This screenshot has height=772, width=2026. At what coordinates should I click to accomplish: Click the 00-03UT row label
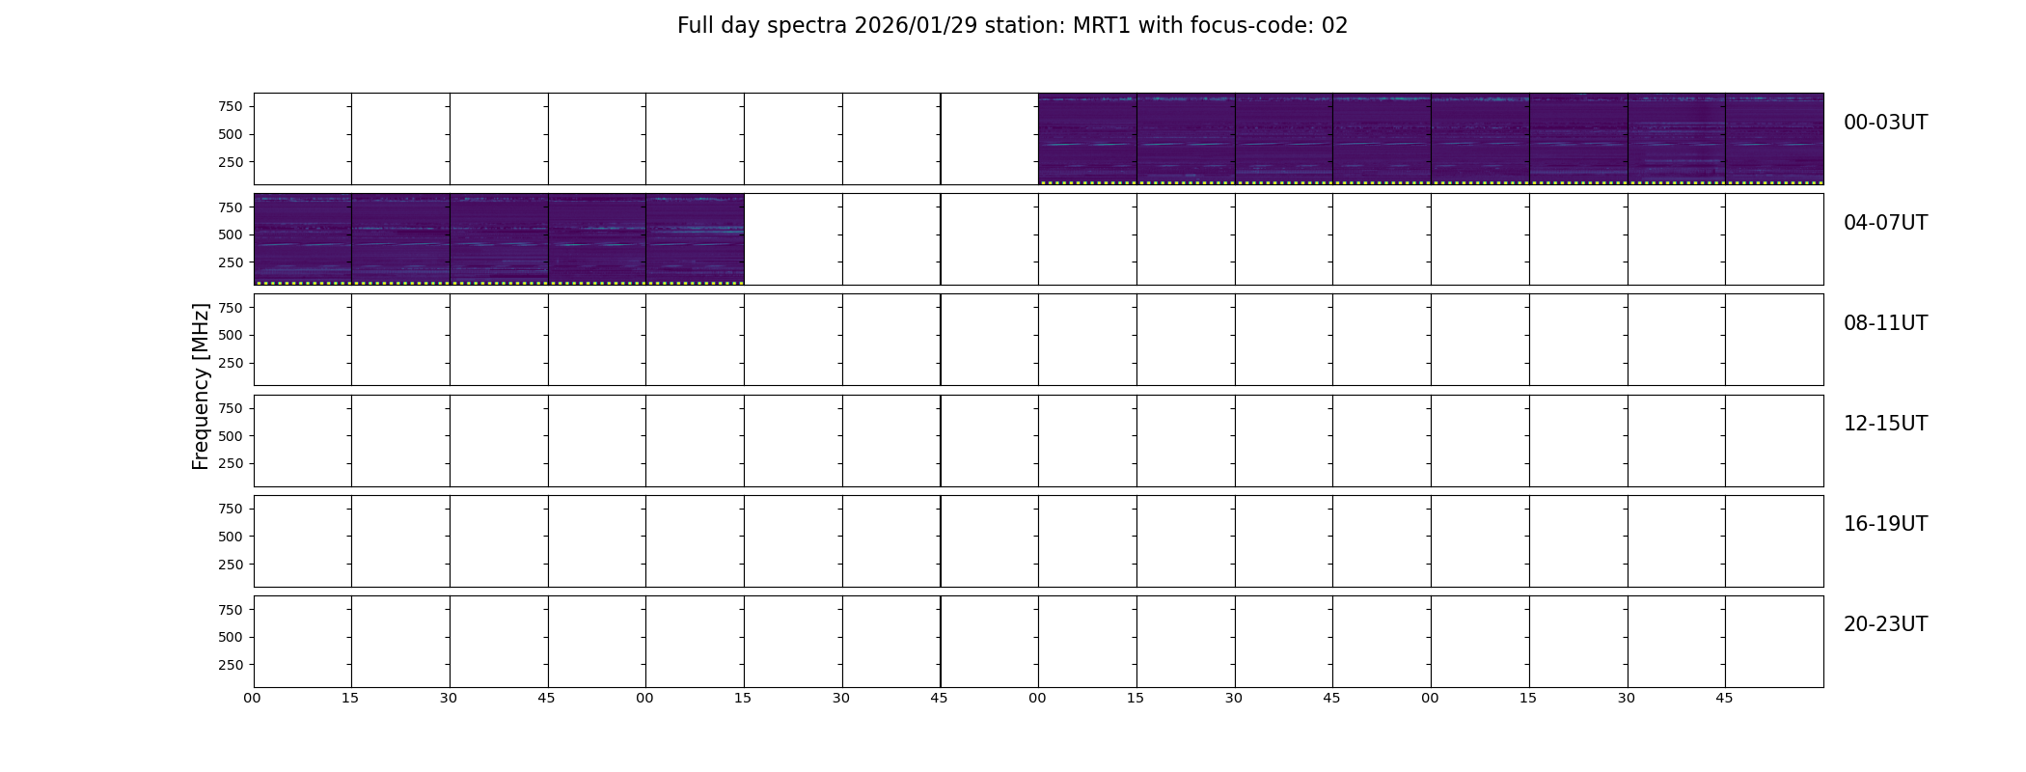click(x=1885, y=123)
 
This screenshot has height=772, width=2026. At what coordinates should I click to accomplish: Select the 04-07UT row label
click(x=1885, y=223)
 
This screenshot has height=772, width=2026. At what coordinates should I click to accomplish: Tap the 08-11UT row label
click(x=1885, y=323)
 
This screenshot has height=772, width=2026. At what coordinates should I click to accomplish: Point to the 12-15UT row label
click(x=1885, y=424)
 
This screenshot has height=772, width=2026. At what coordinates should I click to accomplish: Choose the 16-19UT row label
click(x=1885, y=524)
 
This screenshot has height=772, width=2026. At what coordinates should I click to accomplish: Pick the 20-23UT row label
click(x=1885, y=624)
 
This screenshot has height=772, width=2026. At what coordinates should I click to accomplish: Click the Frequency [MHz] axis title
click(x=201, y=387)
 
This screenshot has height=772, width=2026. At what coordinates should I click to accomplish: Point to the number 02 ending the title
click(x=1334, y=26)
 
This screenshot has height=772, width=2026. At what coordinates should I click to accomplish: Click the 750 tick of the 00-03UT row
click(x=231, y=106)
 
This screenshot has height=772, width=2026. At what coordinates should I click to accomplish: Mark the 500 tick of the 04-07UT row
click(x=231, y=234)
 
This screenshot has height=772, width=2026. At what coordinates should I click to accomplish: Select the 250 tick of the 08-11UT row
click(x=231, y=363)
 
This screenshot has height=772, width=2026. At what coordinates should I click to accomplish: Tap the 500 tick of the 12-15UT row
click(x=231, y=436)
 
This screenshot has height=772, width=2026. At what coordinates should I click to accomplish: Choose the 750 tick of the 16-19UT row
click(x=231, y=509)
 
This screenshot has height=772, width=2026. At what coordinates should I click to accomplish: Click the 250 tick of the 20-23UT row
click(x=231, y=665)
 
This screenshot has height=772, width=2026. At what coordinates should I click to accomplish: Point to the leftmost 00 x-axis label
click(x=253, y=698)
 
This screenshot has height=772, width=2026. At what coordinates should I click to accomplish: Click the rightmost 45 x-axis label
click(x=1724, y=698)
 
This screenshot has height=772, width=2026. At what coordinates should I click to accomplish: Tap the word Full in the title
click(x=695, y=26)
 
